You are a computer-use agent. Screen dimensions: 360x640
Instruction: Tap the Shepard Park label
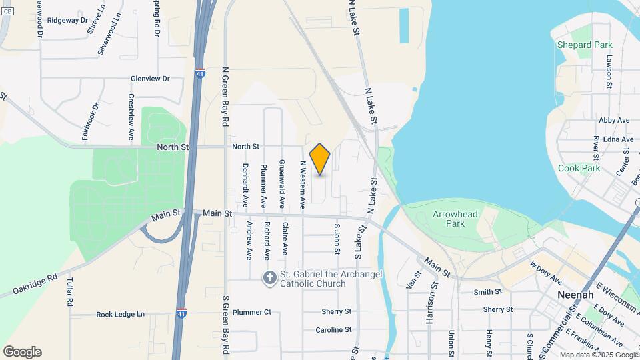585,45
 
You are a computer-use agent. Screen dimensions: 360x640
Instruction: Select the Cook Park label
579,168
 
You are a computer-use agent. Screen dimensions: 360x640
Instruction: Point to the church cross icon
269,278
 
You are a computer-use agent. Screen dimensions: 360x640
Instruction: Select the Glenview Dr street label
150,79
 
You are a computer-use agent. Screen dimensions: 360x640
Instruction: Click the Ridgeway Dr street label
68,21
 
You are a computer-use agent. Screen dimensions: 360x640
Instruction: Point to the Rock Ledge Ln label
120,314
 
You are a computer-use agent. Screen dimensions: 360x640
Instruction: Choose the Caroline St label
333,329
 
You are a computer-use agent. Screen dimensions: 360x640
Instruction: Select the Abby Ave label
614,120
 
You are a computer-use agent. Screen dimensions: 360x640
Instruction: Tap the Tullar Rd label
69,293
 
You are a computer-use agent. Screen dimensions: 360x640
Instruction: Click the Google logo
22,352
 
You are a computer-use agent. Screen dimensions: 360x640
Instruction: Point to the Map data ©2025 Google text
598,355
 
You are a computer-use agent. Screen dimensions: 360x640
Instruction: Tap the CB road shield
7,11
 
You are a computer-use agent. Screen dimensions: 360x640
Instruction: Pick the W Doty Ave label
546,273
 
